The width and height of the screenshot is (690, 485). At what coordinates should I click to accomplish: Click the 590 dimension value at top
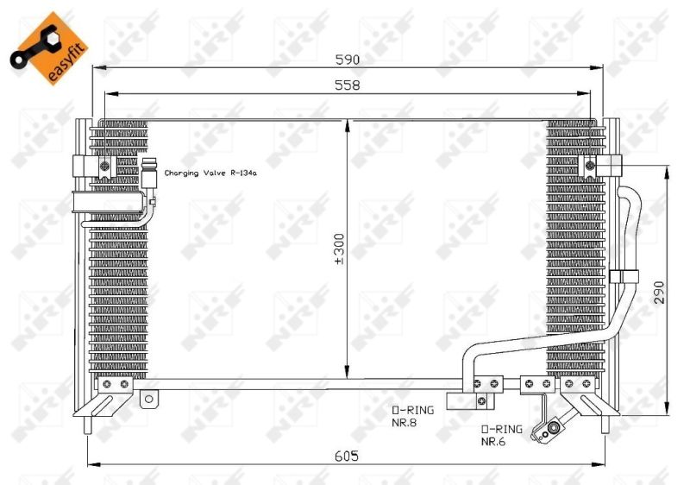pos(348,60)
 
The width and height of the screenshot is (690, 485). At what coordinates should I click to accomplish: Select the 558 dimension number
pos(348,85)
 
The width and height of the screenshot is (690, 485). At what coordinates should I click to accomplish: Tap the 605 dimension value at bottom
pos(347,456)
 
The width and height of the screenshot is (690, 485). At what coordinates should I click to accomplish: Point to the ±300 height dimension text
pos(340,249)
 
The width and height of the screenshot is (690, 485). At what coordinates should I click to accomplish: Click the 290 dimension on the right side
pos(659,293)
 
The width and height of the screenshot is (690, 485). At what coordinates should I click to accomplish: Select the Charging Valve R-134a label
pos(210,173)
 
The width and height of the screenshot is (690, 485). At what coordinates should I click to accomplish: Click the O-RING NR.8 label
pos(413,416)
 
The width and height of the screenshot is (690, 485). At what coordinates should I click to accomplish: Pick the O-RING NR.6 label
pos(502,435)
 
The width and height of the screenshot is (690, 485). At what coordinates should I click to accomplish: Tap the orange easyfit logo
pos(49,48)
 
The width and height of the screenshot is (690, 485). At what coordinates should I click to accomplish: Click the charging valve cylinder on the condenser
pos(148,173)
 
